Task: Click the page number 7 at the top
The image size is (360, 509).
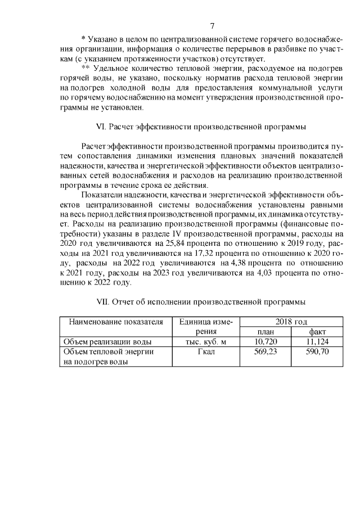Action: point(212,26)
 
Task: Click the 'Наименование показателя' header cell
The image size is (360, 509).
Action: point(116,322)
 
